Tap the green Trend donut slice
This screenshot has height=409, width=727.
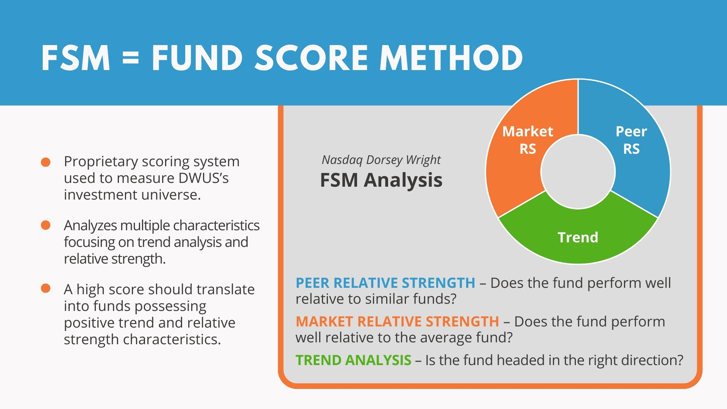(x=578, y=237)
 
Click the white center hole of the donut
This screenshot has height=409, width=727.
(x=578, y=172)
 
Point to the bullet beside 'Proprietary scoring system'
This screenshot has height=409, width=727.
(x=46, y=162)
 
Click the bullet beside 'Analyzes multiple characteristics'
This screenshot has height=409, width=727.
(x=46, y=225)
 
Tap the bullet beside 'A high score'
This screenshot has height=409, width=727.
(x=46, y=289)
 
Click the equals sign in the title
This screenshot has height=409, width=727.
(x=131, y=58)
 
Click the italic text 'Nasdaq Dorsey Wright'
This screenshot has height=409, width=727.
(x=381, y=160)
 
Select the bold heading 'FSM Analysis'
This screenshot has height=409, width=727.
(x=381, y=180)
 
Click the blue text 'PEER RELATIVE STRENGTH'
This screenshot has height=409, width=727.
(x=385, y=283)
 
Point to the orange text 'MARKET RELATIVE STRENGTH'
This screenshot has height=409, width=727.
(x=398, y=322)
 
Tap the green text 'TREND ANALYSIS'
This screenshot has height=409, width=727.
(x=354, y=360)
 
